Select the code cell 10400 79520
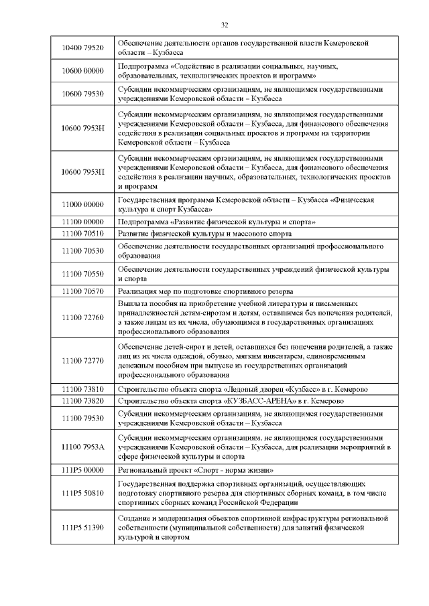82,48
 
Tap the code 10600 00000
82,71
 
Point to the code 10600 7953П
82,172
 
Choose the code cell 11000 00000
82,205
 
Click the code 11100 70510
82,233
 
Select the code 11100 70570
82,291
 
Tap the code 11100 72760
82,317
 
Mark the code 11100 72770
82,361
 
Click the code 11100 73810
82,388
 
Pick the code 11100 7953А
82,445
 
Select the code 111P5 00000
82,471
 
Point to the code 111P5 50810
82,492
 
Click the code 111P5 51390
82,528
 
